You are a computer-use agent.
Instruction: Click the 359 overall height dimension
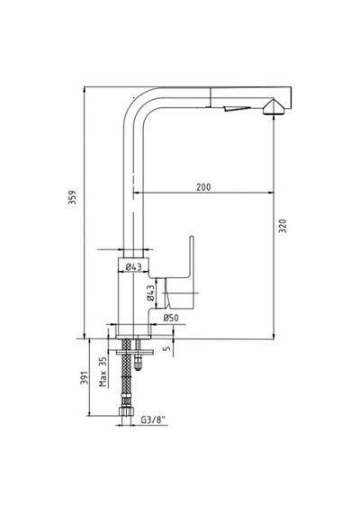point(72,197)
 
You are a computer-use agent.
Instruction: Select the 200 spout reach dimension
point(203,187)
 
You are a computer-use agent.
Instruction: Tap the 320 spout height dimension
point(283,226)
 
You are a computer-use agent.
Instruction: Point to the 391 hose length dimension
point(85,378)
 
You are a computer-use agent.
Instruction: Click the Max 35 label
point(103,372)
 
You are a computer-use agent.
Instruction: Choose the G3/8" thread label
point(153,419)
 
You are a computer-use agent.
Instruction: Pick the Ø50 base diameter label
point(171,318)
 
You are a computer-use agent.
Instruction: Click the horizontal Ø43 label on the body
point(134,267)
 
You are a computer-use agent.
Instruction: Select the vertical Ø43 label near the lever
point(150,292)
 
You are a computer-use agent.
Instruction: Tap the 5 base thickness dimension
point(167,347)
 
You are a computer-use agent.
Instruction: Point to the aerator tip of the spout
point(274,107)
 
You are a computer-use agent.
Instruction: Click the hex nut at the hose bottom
point(126,411)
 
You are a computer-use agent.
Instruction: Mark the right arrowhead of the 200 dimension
point(271,193)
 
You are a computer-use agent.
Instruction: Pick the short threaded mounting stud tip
point(139,364)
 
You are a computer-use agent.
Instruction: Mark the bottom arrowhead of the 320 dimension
point(274,337)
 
